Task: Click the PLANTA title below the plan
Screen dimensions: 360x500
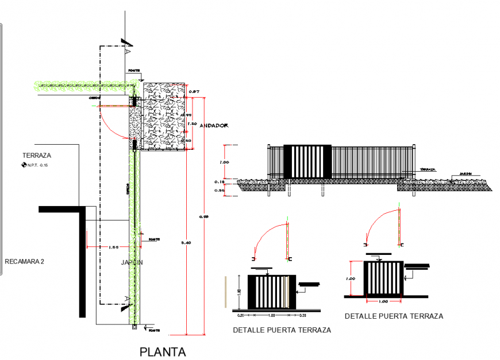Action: coord(163,351)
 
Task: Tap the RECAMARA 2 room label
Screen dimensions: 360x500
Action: coord(25,262)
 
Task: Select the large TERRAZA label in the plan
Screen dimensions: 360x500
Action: coord(37,156)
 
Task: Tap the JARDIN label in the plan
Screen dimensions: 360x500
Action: coord(131,262)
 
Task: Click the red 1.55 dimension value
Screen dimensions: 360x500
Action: coord(113,247)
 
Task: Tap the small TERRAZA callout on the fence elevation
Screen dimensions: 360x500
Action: coord(427,171)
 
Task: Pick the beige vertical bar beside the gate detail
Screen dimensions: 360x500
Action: coord(226,293)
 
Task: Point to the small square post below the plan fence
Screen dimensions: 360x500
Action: coord(134,327)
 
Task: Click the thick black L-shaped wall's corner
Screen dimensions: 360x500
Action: coord(83,208)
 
